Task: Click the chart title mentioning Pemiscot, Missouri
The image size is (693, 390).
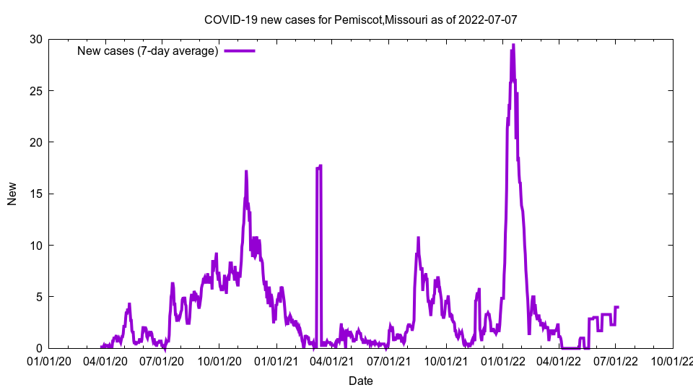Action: [x=360, y=19]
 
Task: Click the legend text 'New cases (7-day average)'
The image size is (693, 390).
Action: [x=148, y=51]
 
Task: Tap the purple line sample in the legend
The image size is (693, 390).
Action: [x=240, y=51]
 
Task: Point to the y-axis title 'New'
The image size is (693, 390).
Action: [x=12, y=194]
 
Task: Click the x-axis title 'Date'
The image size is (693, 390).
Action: [x=360, y=381]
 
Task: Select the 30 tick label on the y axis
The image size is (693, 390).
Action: [x=35, y=39]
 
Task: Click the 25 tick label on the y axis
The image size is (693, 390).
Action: [x=35, y=91]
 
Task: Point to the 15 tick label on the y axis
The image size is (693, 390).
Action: [x=35, y=194]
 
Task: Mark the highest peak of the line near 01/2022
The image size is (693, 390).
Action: [x=513, y=45]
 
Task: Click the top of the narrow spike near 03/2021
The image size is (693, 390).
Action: [x=320, y=166]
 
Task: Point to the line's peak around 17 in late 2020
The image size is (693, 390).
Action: [x=246, y=172]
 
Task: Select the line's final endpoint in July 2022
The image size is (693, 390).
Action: [x=618, y=307]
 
